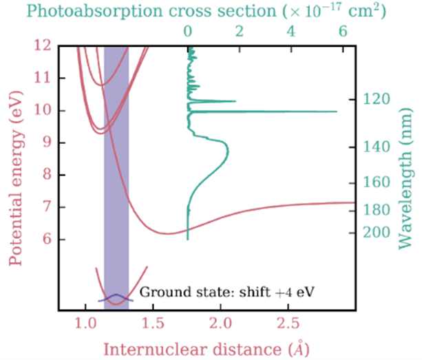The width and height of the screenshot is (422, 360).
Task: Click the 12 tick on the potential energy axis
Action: click(45, 46)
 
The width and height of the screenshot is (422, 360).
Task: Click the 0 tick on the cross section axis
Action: click(189, 32)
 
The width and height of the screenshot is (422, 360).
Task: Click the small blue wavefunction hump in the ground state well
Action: click(116, 297)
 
